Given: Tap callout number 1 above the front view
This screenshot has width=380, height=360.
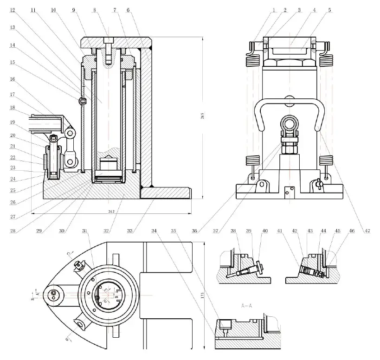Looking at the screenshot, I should [x=275, y=9].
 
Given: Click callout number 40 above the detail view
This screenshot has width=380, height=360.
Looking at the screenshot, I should [x=264, y=231].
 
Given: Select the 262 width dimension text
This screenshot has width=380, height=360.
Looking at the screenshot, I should [x=111, y=212].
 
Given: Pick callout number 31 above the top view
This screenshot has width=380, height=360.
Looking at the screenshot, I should [x=84, y=230].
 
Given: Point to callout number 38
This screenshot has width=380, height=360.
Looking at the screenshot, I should [x=233, y=231].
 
